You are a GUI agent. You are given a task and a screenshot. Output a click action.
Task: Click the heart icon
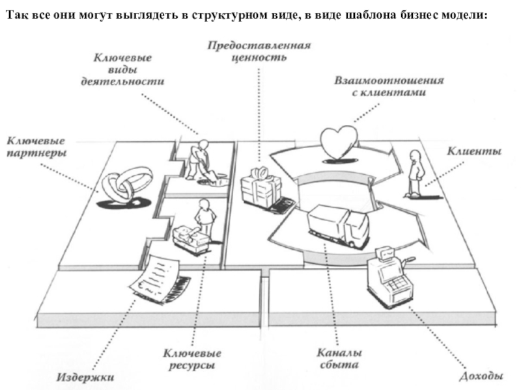(339, 141)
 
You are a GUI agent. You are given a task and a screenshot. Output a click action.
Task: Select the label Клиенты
(473, 152)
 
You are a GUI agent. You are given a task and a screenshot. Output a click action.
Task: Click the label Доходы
(481, 375)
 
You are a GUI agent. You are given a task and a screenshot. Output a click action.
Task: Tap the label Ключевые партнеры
(38, 146)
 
